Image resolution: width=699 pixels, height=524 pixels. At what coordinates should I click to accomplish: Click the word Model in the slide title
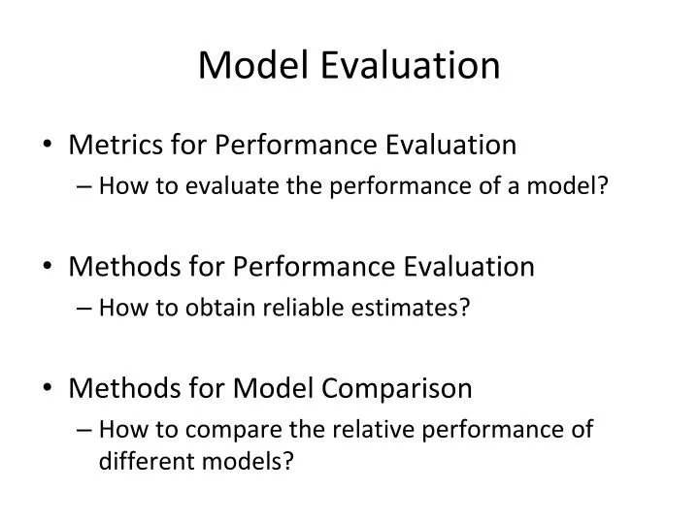click(x=251, y=65)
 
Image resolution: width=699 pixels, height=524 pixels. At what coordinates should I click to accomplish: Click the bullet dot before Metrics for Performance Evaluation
click(x=50, y=147)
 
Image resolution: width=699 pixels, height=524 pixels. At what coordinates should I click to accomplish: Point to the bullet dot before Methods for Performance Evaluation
click(x=50, y=268)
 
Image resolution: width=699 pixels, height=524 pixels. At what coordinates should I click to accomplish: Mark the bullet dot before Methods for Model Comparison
click(x=50, y=390)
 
